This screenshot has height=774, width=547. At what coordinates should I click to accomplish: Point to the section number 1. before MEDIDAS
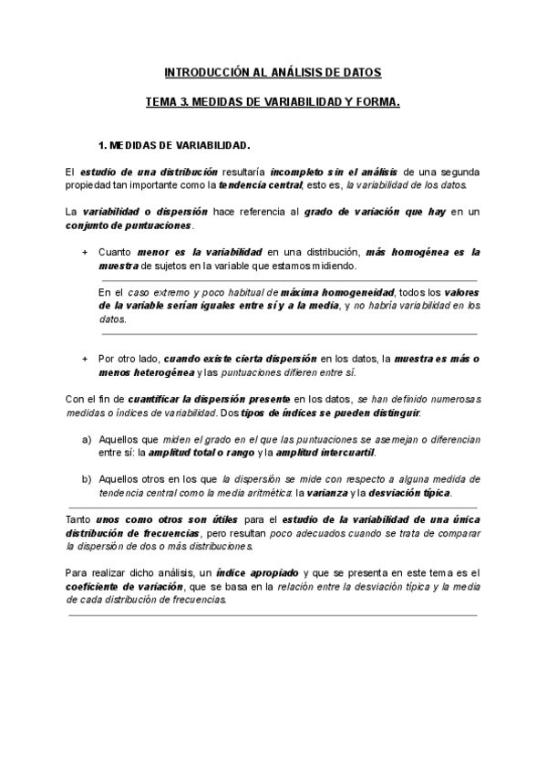[x=101, y=146]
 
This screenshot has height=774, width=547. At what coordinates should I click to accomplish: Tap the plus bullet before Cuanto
[x=85, y=251]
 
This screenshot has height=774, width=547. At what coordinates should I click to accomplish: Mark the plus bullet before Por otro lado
[x=85, y=360]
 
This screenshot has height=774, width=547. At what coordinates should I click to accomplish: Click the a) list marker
[x=87, y=439]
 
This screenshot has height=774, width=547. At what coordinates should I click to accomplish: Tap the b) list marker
[x=87, y=478]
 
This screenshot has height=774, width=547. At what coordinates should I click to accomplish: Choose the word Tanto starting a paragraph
[x=80, y=518]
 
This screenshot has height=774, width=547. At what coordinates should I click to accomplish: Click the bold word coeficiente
[x=96, y=586]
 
